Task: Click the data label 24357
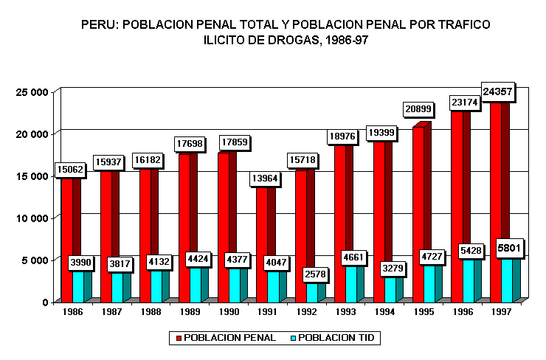[x=497, y=92]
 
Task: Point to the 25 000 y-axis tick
[x=32, y=92]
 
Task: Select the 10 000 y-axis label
[x=32, y=218]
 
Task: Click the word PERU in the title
[x=97, y=24]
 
